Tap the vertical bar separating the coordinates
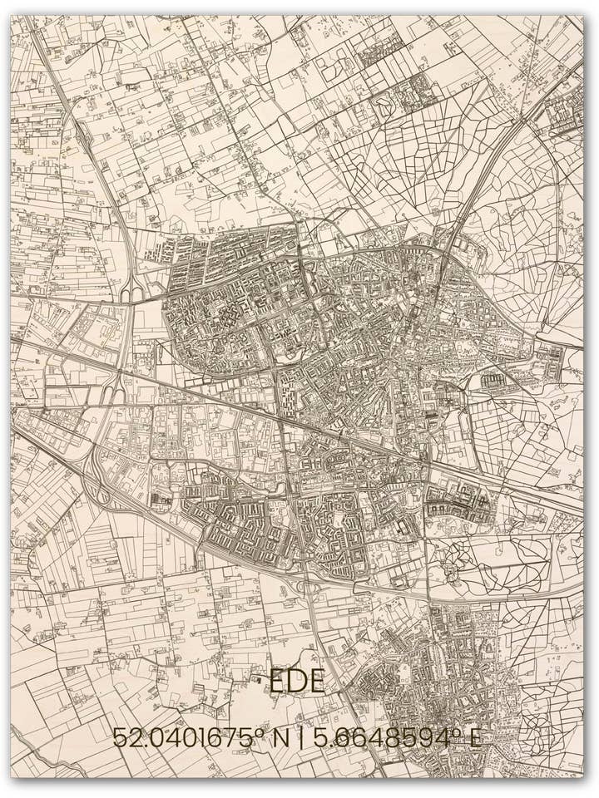[x=301, y=737]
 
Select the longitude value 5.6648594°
[x=386, y=737]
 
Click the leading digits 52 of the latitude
[x=126, y=737]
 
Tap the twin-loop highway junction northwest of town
[x=131, y=292]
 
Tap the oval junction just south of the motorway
[x=309, y=587]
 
